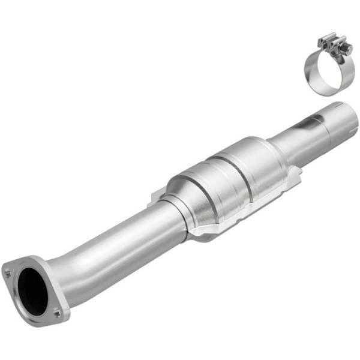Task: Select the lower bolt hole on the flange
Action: coord(57,313)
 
